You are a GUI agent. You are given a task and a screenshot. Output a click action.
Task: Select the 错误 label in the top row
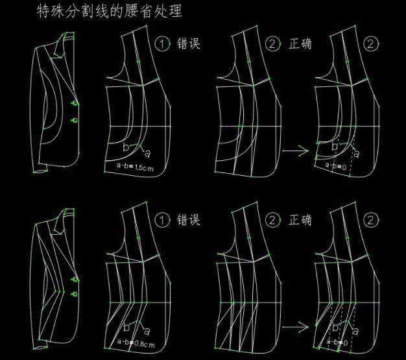(188, 44)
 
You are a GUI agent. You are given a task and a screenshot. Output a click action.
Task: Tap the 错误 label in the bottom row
(188, 220)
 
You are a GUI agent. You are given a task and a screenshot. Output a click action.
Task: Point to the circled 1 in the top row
(163, 44)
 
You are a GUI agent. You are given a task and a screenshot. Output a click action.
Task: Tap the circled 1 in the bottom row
(163, 220)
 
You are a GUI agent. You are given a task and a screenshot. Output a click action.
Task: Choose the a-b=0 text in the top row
(335, 165)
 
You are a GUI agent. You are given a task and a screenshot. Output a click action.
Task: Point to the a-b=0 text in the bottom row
(336, 340)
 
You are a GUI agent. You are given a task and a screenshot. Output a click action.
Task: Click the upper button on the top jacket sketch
(76, 103)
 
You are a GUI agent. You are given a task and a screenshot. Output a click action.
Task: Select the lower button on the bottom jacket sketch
(76, 294)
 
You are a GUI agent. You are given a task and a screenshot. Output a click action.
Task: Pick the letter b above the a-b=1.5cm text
(126, 147)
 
